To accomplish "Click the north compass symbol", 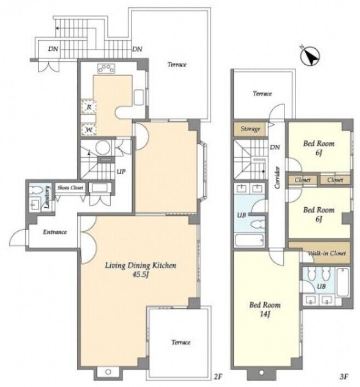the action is point(310,56).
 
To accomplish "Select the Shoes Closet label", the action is point(70,188).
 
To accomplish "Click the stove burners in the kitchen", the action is point(106,69).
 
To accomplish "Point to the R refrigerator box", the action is point(89,107).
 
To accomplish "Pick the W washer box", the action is point(89,129).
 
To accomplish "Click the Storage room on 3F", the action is point(250,129).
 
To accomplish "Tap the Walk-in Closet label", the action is point(327,253).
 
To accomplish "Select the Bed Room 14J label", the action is point(265,309).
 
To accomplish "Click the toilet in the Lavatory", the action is point(35,190).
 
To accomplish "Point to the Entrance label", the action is point(55,232).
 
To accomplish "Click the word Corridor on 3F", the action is point(277,178).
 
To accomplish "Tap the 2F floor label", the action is point(218,377).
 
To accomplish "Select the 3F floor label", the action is point(344,377).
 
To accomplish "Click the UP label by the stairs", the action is point(121,171).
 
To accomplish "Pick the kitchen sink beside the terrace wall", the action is point(139,97).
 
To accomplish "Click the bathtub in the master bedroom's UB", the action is point(342,282).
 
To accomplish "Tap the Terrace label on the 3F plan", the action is point(262,94).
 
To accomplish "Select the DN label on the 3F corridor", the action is point(275,147).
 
